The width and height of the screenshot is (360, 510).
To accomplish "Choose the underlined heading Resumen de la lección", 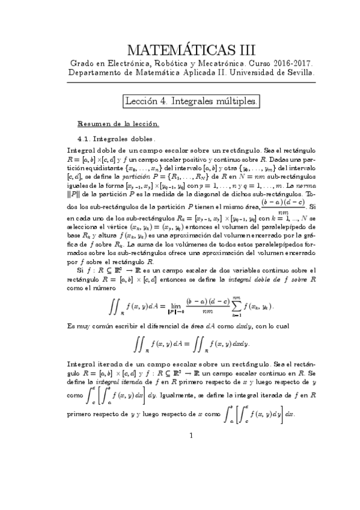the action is (118, 124).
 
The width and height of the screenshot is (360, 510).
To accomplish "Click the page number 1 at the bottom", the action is (191, 436).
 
